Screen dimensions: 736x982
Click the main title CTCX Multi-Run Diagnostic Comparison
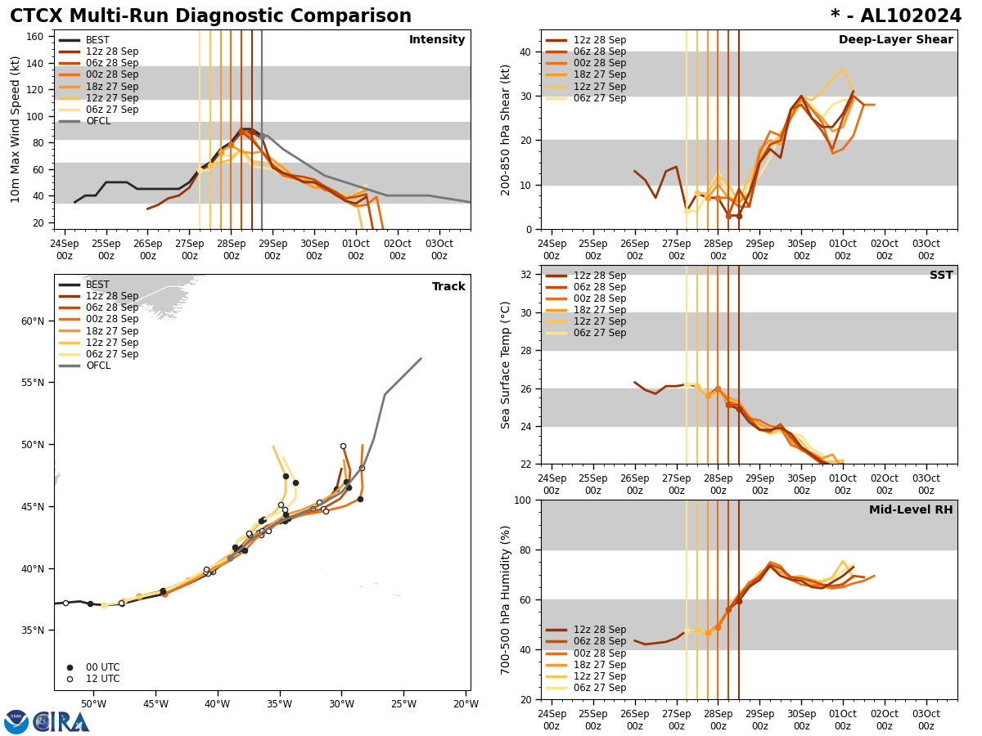pos(210,16)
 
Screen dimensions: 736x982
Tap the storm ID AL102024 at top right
pos(896,16)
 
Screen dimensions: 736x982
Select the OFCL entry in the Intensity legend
pos(97,121)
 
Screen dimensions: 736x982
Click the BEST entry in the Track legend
pos(97,285)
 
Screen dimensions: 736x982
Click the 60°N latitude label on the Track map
pos(33,321)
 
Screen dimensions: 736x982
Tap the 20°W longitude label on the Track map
pos(466,704)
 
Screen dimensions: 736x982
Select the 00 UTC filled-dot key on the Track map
pos(101,667)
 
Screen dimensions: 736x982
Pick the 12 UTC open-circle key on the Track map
pos(101,679)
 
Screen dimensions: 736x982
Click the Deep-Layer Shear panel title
pos(895,40)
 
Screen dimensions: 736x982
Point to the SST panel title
pos(940,276)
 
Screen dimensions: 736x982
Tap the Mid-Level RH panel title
pos(911,510)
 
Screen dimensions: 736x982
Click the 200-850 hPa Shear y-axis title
pos(506,129)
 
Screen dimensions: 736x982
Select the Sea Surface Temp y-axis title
pos(506,365)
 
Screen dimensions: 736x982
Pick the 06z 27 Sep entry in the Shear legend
pos(600,98)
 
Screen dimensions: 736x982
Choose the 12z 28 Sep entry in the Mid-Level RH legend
pos(600,630)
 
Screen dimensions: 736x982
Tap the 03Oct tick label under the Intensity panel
pos(439,249)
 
